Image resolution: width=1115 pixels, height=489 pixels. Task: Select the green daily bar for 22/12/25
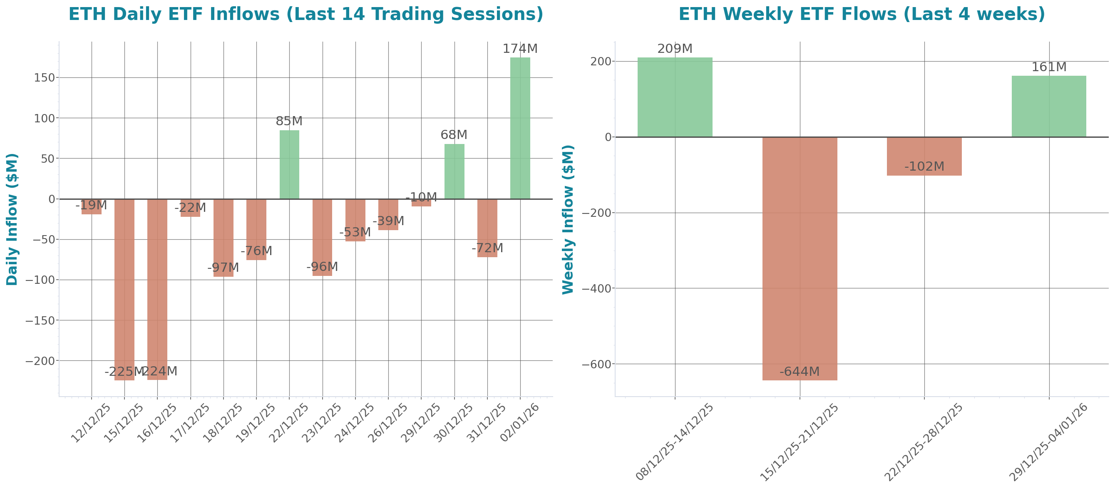[x=289, y=164]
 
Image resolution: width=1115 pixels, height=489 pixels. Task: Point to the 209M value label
[x=674, y=49]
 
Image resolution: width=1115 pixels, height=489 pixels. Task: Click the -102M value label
[x=924, y=166]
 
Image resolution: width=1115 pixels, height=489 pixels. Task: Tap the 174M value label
[x=520, y=49]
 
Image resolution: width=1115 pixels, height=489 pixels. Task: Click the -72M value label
[x=487, y=248]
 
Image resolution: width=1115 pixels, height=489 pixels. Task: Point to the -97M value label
[x=223, y=268]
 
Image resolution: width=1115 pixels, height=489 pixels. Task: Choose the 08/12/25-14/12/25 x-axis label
[x=674, y=442]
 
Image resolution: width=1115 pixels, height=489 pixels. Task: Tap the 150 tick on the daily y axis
[x=45, y=78]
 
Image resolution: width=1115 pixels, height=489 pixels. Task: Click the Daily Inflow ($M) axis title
[x=12, y=219]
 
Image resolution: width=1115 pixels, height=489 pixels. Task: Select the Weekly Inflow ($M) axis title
[x=567, y=219]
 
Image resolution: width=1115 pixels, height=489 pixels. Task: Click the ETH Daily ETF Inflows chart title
[x=305, y=14]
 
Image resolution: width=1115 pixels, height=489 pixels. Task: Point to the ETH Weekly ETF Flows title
[x=862, y=14]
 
